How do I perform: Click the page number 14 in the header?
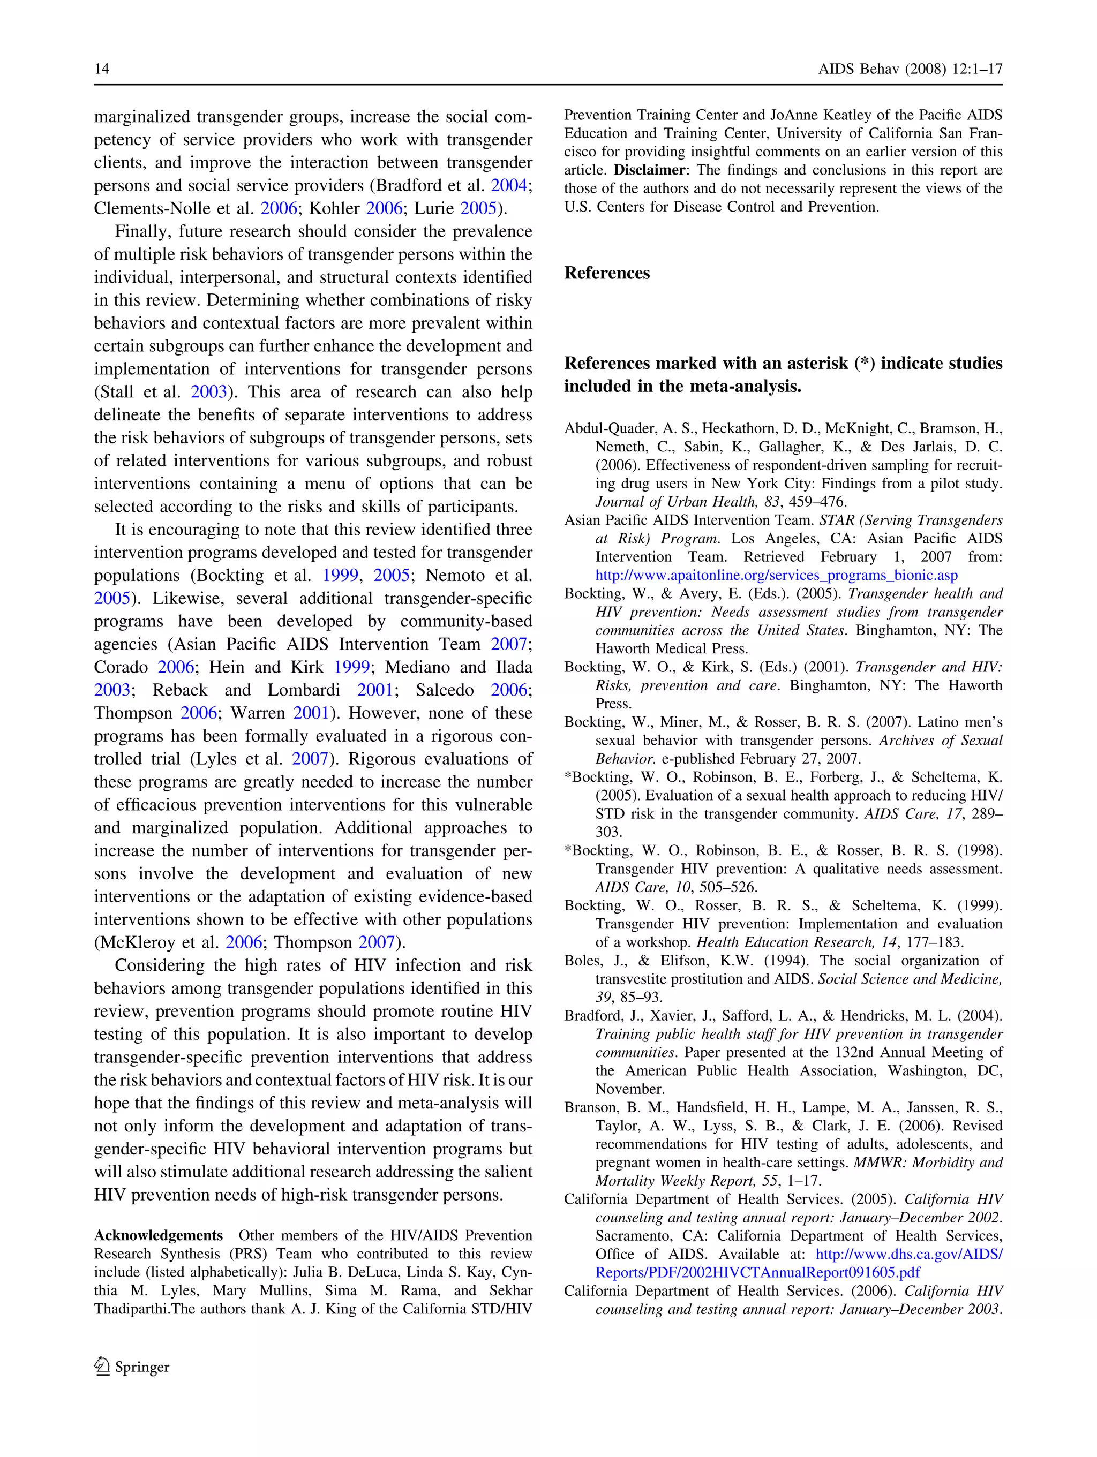coord(102,69)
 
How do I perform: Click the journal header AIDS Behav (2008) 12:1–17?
coord(910,69)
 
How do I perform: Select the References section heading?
coord(607,273)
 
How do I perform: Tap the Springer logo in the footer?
coord(132,1367)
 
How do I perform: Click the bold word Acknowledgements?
coord(158,1236)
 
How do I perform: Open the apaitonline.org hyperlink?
coord(776,575)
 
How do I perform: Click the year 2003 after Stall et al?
coord(209,392)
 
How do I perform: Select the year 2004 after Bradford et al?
coord(509,186)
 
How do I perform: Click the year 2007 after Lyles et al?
coord(310,759)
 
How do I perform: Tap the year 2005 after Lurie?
coord(478,209)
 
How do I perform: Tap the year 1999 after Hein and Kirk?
coord(351,667)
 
